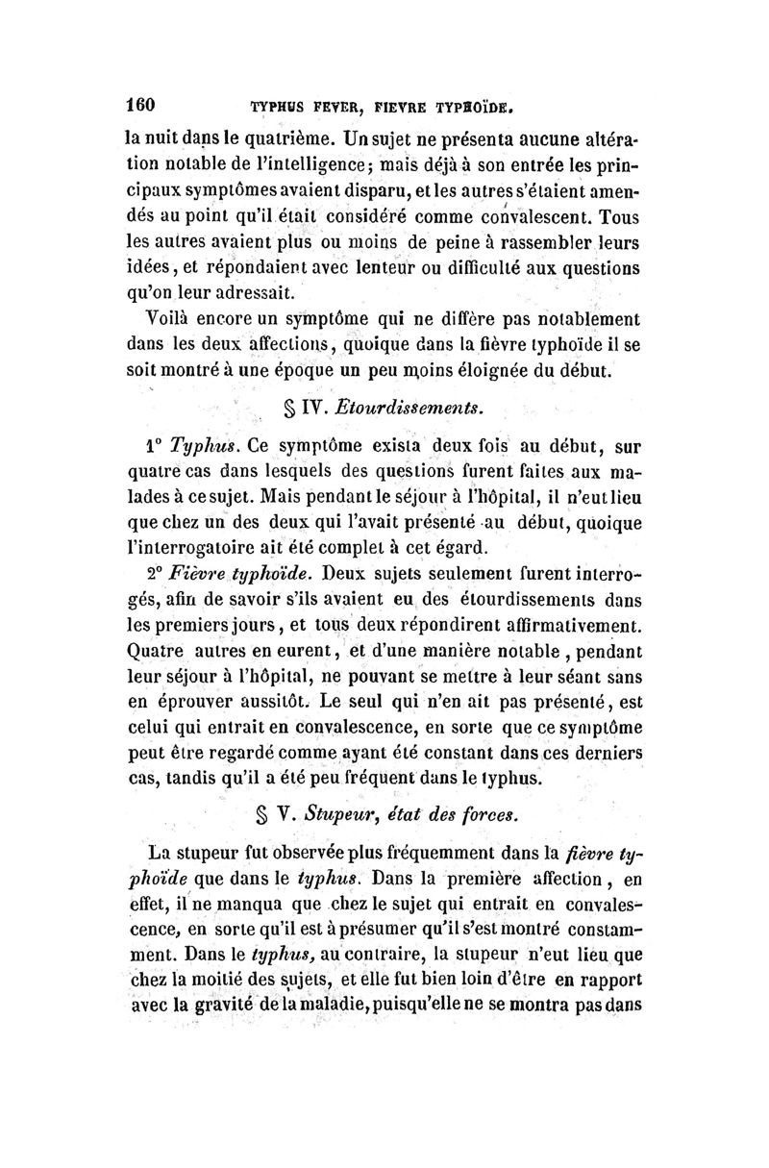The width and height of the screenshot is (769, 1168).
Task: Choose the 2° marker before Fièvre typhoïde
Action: (158, 575)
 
